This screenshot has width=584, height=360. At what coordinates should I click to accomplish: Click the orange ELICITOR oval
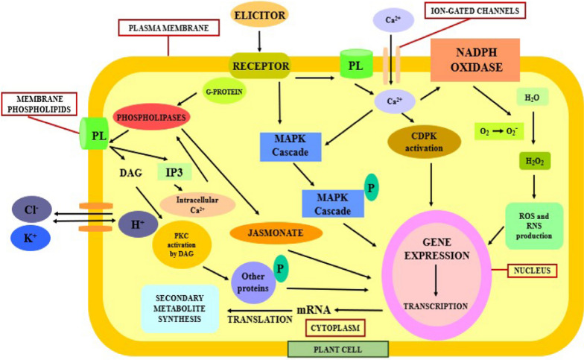(258, 16)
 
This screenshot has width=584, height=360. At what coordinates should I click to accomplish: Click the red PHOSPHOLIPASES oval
(152, 118)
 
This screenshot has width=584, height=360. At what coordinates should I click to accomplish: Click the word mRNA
(313, 307)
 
